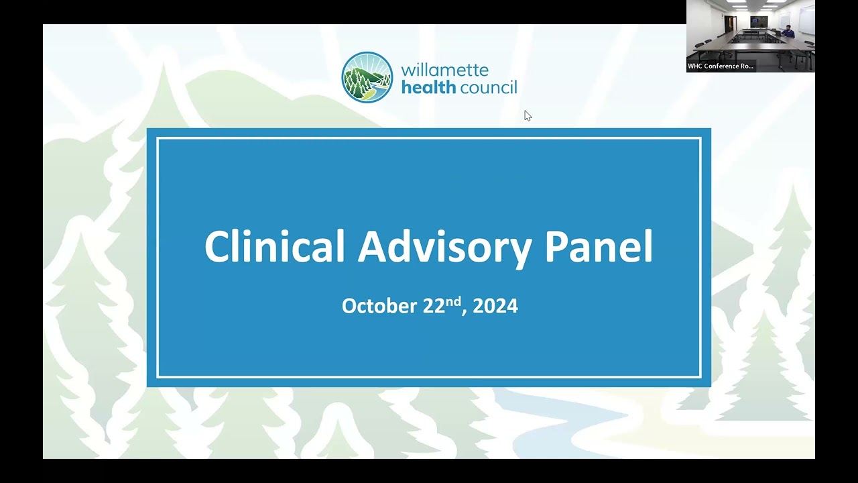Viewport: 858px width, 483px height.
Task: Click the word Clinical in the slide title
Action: pos(275,246)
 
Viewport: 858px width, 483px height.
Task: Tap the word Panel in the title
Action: pos(599,246)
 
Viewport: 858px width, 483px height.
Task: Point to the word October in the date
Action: pos(379,306)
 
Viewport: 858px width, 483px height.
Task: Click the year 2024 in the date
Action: pos(495,306)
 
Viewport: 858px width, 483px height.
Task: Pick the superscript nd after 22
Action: pos(454,301)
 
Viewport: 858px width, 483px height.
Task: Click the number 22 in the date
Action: pos(434,306)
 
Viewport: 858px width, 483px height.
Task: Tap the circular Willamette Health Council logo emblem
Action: pos(367,77)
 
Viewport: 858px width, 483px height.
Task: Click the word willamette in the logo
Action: pos(444,70)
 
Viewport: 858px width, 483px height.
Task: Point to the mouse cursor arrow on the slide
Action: pos(528,115)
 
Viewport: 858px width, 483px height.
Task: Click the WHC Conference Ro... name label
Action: pos(721,66)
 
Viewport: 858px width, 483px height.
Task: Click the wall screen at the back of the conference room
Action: pos(758,21)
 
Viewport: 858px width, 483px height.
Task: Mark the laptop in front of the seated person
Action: pos(779,34)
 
